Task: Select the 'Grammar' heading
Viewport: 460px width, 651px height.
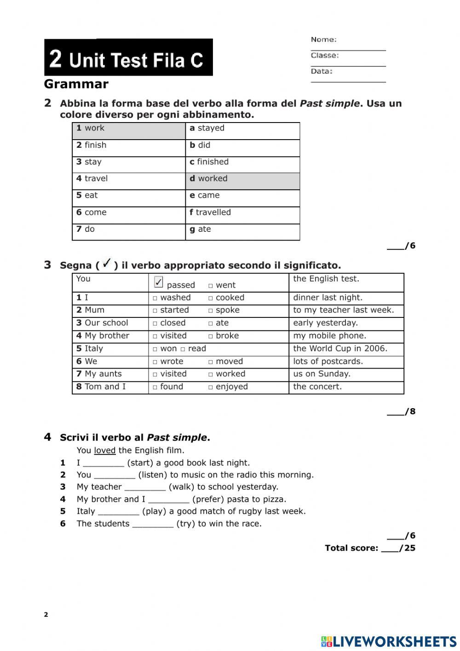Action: (76, 84)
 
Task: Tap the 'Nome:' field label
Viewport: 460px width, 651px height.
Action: (323, 40)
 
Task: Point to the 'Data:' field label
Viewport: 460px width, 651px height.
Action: (322, 71)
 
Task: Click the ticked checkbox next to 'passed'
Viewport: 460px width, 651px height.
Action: (159, 282)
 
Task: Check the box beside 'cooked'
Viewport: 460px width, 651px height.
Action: (211, 299)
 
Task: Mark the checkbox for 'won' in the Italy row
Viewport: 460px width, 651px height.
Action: (155, 349)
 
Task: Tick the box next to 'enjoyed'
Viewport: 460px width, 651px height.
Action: (211, 387)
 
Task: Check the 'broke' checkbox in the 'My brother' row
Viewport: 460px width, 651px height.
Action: (211, 336)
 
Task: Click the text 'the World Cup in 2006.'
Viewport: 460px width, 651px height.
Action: (340, 349)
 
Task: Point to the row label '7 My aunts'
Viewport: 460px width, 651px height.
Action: (99, 374)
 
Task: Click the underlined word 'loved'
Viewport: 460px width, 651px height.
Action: (104, 451)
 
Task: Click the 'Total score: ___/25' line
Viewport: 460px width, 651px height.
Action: (370, 548)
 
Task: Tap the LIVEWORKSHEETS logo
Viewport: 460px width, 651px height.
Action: (389, 641)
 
